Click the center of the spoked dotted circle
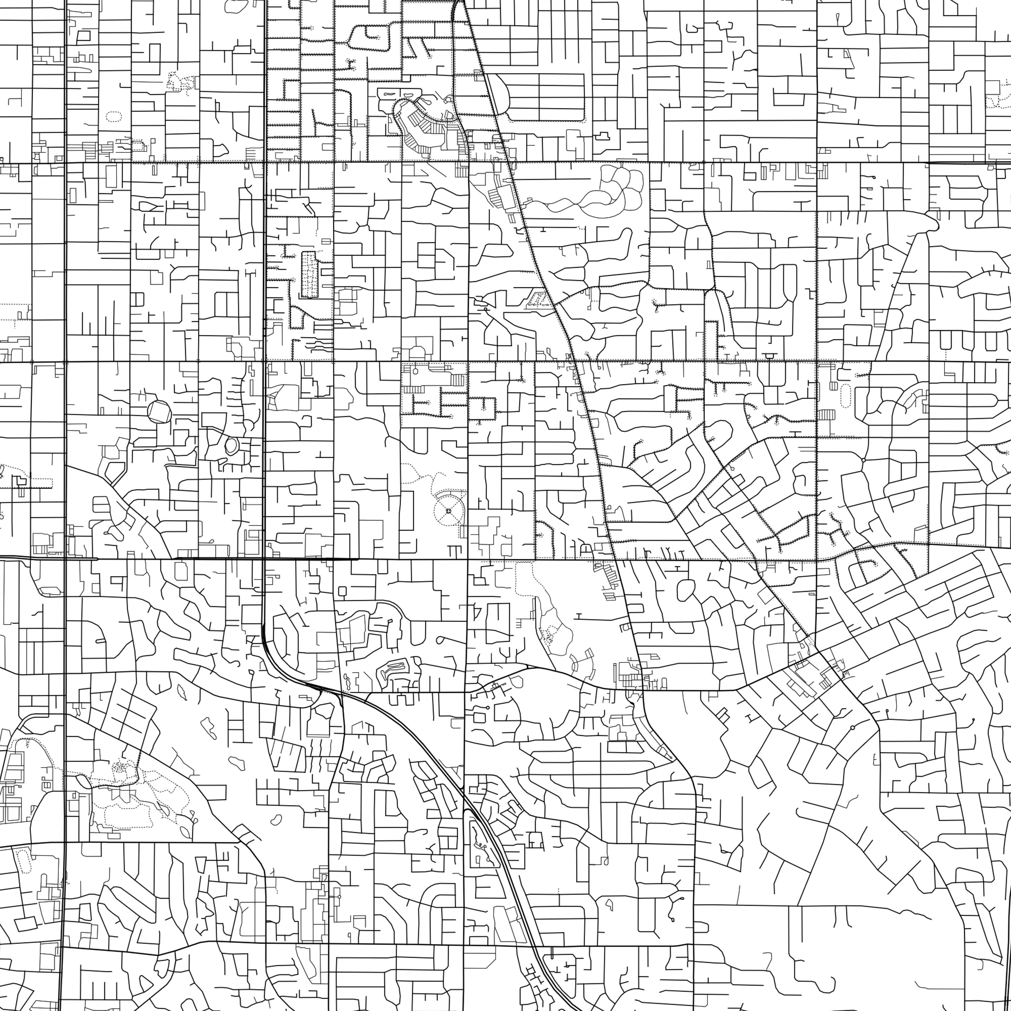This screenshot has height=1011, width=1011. pyautogui.click(x=449, y=510)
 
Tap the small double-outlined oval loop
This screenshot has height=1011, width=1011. pyautogui.click(x=231, y=445)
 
